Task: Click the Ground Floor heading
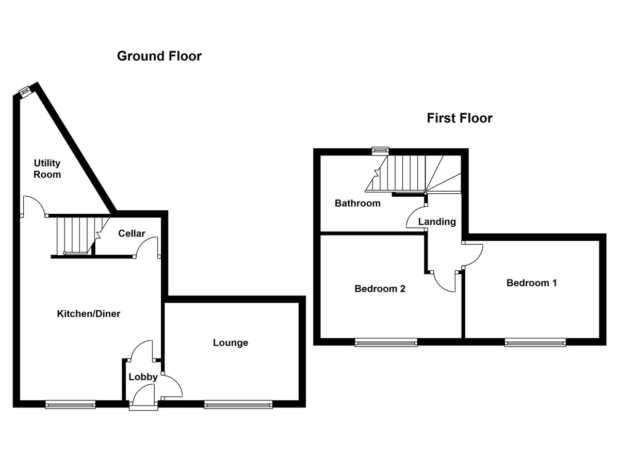point(159,56)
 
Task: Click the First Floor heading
point(459,118)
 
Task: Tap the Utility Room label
point(47,169)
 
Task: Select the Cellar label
point(132,234)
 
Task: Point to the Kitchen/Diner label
point(88,314)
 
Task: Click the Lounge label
point(231,343)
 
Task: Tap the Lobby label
point(143,377)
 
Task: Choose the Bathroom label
point(357,203)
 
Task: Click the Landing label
point(437,222)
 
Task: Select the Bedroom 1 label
point(531,283)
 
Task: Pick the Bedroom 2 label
point(380,289)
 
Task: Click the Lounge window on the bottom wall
point(238,405)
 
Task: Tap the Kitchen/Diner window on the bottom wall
point(70,405)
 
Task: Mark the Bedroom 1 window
point(535,341)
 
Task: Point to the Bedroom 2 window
point(386,341)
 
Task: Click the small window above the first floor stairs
point(380,150)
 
